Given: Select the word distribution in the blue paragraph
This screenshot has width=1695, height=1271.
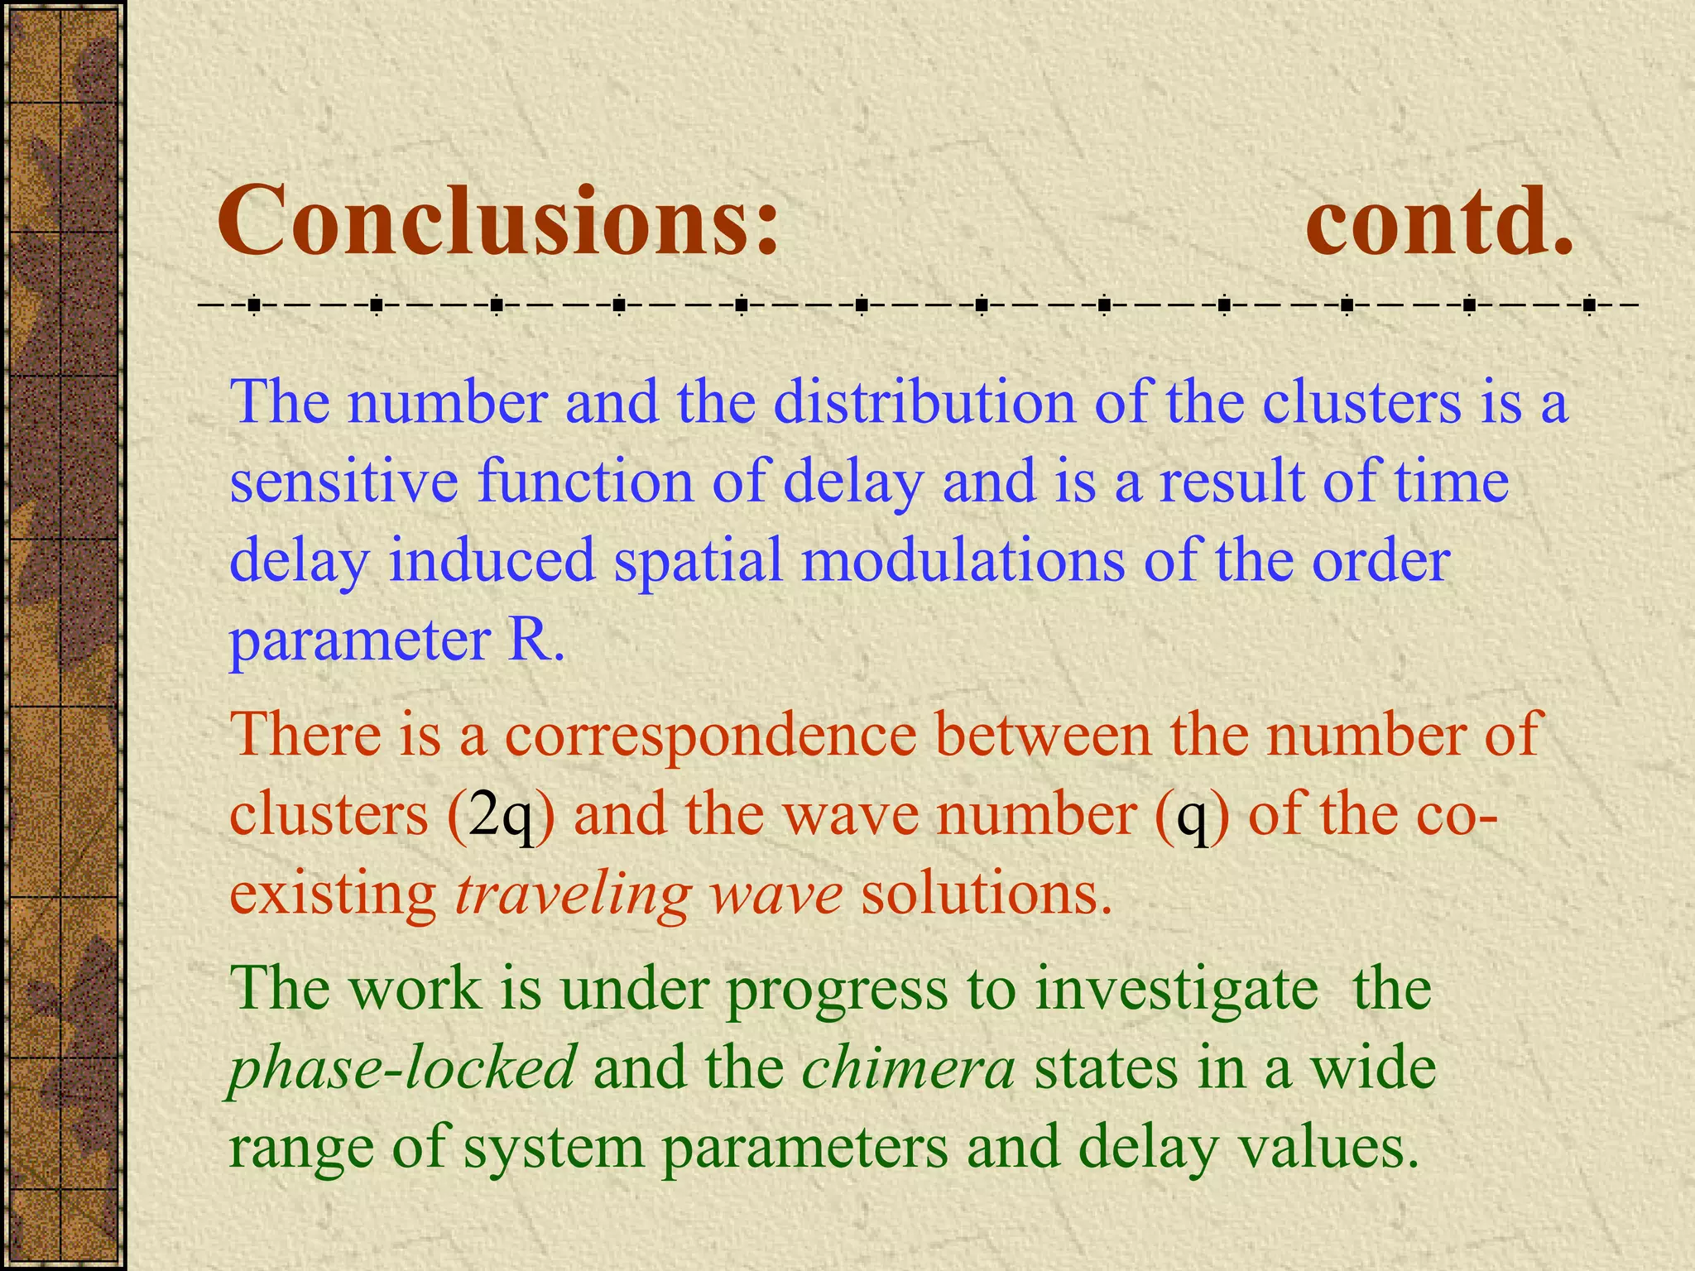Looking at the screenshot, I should (924, 403).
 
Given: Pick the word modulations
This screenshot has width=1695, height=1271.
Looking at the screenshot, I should (963, 560).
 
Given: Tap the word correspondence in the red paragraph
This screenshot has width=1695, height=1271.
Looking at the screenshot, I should (710, 734).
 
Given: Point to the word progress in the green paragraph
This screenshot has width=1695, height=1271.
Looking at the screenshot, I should (837, 990).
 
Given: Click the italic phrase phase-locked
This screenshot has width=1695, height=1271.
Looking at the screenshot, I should (401, 1068).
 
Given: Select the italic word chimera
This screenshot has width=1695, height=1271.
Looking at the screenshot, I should (908, 1068).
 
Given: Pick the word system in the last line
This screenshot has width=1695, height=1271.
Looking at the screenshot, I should (554, 1149).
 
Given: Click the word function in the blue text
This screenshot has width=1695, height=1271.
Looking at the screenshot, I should (585, 482).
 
